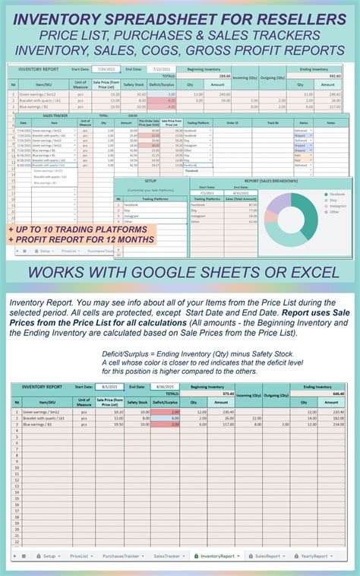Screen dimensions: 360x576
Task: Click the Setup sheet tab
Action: point(47,556)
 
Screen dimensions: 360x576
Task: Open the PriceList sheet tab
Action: point(80,556)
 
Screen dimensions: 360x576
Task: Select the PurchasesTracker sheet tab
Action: point(119,556)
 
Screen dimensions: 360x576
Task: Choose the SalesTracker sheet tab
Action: point(167,556)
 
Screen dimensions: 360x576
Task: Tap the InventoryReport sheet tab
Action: point(216,556)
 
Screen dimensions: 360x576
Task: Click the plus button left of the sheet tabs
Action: point(14,556)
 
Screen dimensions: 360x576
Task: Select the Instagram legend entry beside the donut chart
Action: point(337,206)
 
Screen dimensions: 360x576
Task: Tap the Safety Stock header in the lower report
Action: point(138,402)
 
